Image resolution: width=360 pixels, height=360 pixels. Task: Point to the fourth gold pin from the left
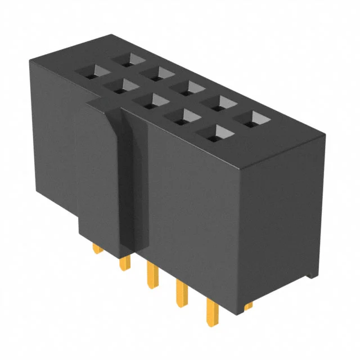tap(181, 292)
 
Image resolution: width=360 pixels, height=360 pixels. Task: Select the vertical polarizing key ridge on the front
tap(134, 186)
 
